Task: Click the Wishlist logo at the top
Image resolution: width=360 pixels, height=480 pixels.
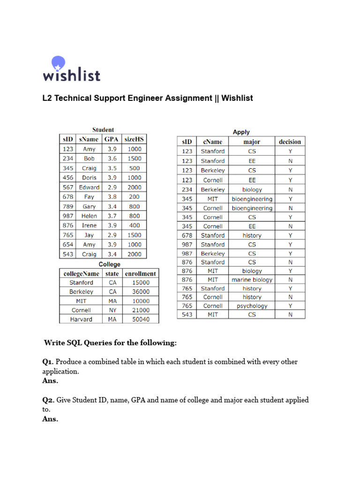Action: coord(71,69)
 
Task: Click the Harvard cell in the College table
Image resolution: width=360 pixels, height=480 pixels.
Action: coord(81,319)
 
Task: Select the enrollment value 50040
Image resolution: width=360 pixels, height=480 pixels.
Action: coord(141,319)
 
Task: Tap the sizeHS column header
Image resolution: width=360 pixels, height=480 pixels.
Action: coord(134,139)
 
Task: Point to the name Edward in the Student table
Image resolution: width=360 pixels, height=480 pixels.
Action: coord(89,187)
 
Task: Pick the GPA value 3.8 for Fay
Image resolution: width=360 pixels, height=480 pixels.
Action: coord(112,197)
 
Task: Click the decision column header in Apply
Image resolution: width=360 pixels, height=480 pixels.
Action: coord(290,142)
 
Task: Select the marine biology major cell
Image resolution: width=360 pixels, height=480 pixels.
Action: coord(252,280)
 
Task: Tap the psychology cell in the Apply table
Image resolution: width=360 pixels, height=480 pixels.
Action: coord(252,306)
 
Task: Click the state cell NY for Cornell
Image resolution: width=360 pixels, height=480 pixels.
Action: coord(112,310)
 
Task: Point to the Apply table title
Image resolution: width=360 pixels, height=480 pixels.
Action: coord(241,132)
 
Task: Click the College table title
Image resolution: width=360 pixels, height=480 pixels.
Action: coord(109,264)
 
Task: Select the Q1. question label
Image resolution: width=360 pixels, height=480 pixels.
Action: coord(48,362)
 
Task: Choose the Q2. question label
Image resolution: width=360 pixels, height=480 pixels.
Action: coord(49,400)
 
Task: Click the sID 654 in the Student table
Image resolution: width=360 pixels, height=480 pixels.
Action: coord(68,245)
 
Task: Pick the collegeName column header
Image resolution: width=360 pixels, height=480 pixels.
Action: coord(81,273)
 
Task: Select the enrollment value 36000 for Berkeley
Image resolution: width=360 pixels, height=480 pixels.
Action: coord(141,292)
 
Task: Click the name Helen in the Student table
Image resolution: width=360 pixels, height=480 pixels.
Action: coord(89,216)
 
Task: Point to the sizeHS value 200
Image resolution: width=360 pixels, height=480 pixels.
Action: coord(134,197)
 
